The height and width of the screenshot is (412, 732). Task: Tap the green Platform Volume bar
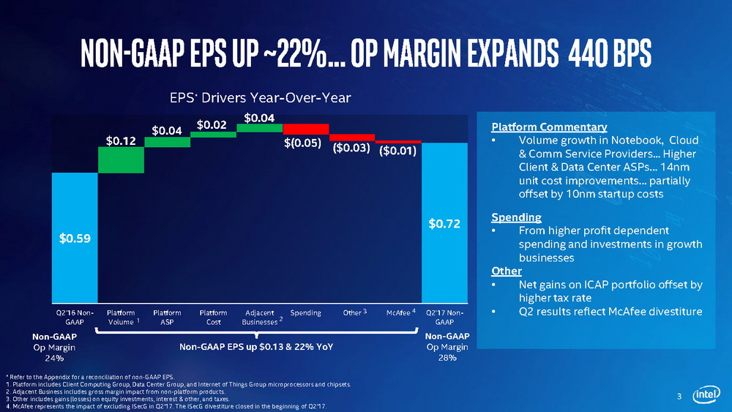pos(121,160)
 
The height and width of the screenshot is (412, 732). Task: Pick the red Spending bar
pos(305,129)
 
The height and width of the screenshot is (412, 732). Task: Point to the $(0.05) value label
pos(302,143)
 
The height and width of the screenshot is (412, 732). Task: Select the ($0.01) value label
pos(397,151)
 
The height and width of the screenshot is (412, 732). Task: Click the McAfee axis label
pos(399,313)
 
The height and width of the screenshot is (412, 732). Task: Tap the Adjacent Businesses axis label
pos(260,318)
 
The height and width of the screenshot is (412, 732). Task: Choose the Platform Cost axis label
pos(213,318)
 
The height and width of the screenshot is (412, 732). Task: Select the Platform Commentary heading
pos(539,127)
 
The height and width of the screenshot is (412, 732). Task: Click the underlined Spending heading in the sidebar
pos(516,217)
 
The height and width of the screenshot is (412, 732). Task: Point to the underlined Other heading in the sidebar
pos(507,271)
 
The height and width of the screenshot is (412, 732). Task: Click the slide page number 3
pos(679,397)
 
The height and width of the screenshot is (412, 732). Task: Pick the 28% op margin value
pos(447,359)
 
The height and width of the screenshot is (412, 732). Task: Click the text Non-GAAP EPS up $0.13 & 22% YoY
pos(256,346)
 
